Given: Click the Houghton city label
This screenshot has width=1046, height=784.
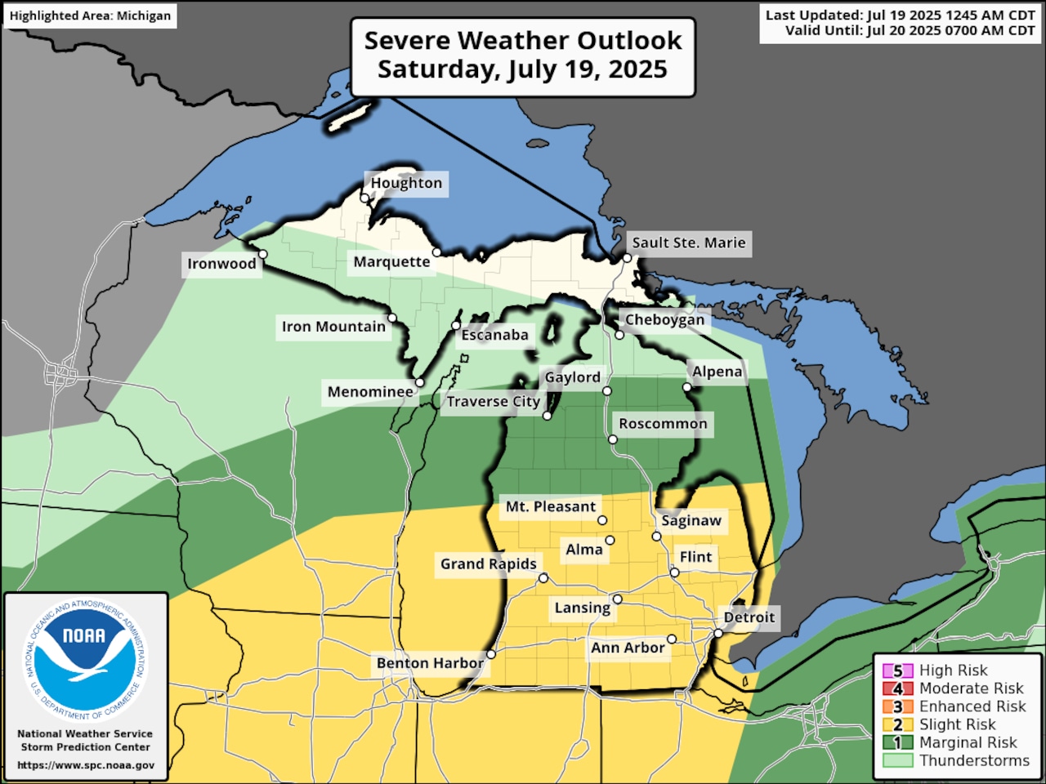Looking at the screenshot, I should [406, 183].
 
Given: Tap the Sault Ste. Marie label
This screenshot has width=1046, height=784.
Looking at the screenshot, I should [688, 243].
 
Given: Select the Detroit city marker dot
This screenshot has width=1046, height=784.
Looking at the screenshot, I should [718, 634].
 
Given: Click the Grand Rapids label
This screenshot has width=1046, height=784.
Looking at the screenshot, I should [488, 563].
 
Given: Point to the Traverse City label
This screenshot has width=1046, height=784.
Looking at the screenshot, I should [493, 401].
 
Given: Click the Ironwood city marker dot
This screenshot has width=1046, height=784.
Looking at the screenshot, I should [263, 254].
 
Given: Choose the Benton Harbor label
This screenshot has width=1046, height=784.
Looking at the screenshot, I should [430, 662].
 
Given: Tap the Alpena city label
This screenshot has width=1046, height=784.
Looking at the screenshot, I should [717, 372].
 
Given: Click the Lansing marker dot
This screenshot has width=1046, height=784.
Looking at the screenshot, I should [618, 599].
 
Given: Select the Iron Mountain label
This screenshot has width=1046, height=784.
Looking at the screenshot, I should [333, 327].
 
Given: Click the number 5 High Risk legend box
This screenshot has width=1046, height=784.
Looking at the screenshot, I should [897, 670].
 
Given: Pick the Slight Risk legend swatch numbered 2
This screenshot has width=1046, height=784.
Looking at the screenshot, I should [897, 724].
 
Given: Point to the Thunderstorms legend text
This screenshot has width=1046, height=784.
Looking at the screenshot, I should [974, 760].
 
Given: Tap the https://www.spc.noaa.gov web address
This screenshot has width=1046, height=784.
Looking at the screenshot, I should [86, 765].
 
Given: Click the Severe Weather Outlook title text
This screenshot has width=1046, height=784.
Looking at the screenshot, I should [523, 41].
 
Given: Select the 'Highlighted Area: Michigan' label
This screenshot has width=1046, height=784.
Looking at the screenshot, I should [90, 16].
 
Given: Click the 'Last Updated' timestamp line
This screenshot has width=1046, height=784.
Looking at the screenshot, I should [899, 16].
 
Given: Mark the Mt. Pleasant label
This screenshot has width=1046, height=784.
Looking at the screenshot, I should [550, 506].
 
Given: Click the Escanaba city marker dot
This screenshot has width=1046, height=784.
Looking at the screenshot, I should [456, 326].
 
